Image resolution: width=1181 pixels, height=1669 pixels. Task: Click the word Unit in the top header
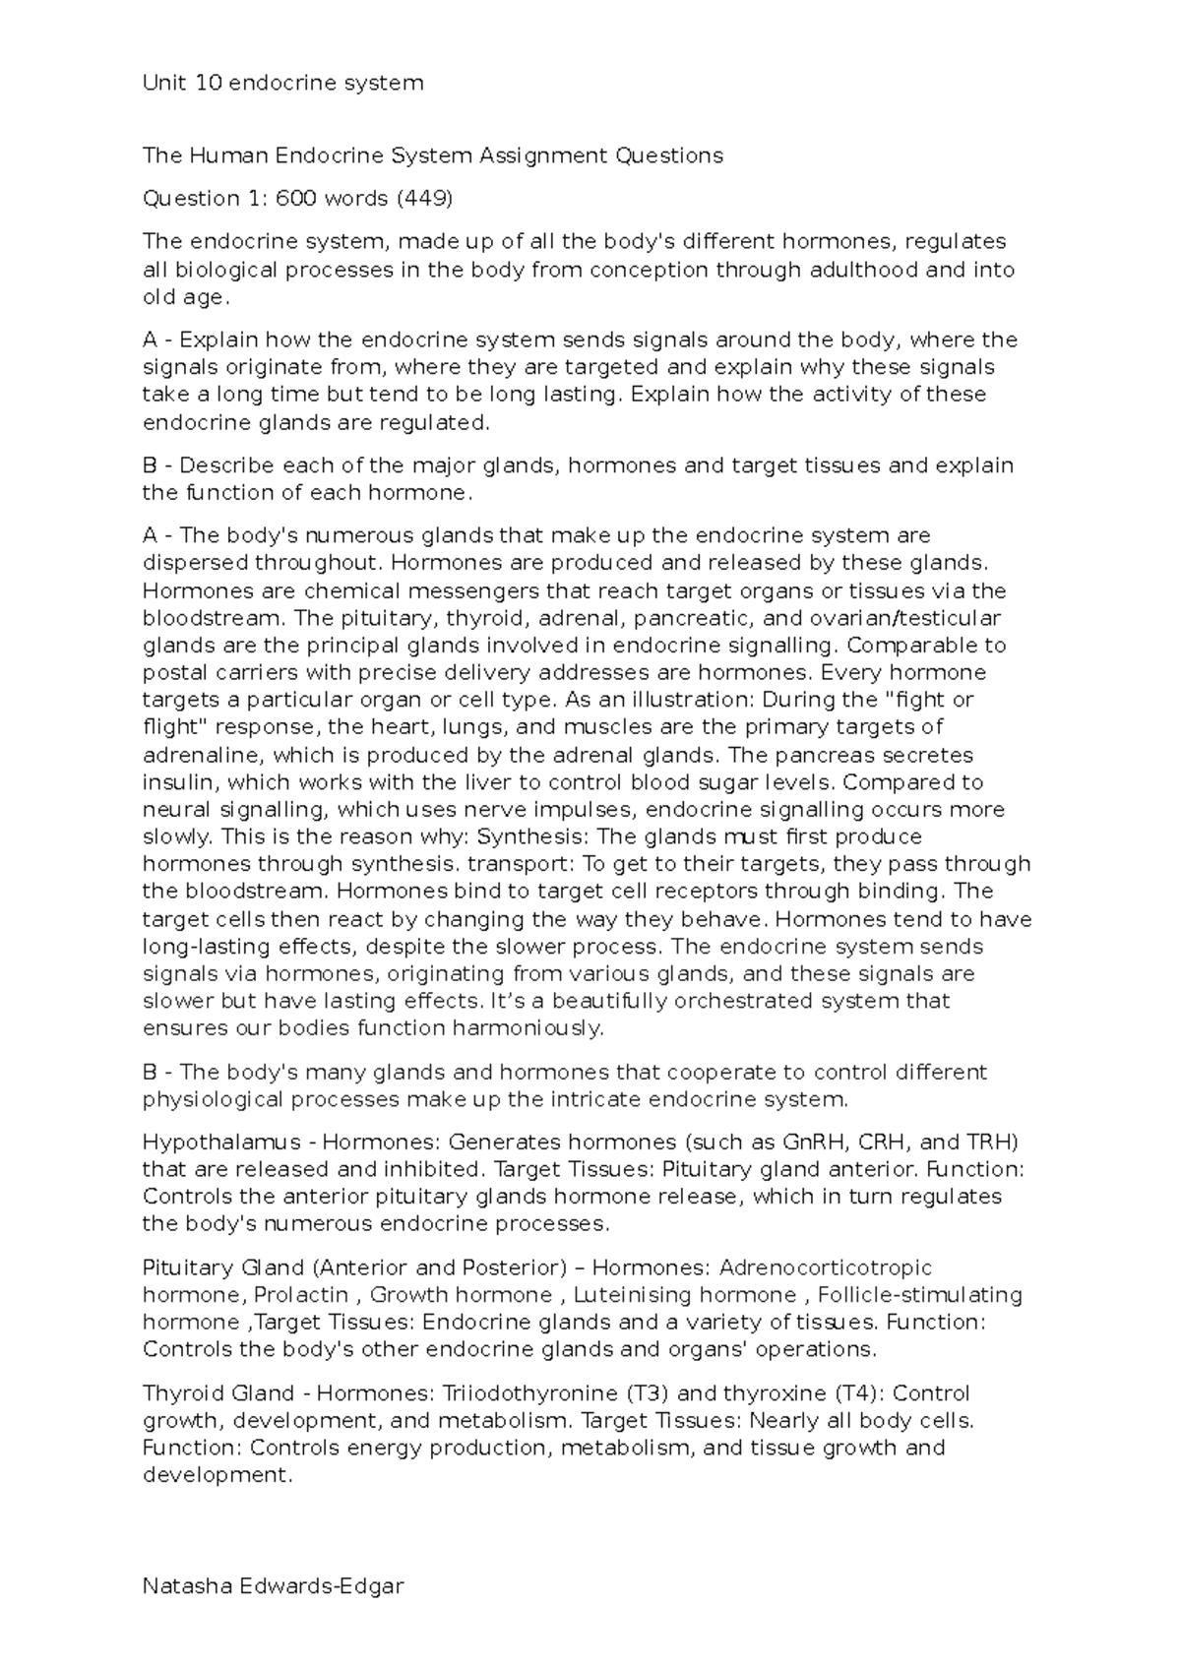pos(164,84)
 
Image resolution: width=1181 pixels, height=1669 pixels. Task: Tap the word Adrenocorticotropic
pos(825,1267)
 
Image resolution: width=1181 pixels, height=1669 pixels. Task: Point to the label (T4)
pos(859,1393)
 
